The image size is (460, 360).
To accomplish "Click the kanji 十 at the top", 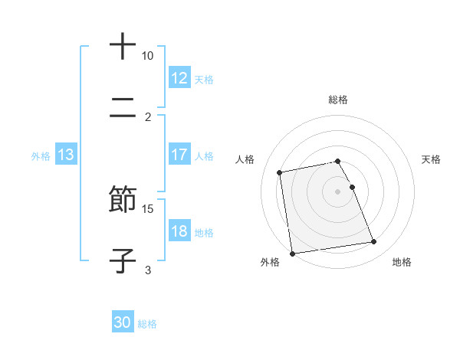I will (x=123, y=47).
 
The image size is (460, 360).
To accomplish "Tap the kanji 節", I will (x=123, y=199).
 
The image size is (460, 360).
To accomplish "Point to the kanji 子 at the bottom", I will (x=123, y=260).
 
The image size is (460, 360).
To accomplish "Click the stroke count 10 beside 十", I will (x=147, y=57).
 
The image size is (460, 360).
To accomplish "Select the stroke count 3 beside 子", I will (x=148, y=270).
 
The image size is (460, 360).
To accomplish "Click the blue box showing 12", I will (x=179, y=78).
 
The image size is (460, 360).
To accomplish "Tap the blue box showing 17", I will (x=179, y=155).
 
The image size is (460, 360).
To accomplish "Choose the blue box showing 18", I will (x=179, y=231).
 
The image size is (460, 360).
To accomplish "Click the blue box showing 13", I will (x=66, y=155).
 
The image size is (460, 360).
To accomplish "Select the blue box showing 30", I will (x=123, y=323).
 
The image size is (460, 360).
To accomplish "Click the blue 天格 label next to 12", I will (x=204, y=79).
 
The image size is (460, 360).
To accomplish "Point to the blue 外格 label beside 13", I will (x=41, y=155).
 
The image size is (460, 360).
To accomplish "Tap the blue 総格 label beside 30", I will (x=147, y=324).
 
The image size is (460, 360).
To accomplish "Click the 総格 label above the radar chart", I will (x=338, y=100).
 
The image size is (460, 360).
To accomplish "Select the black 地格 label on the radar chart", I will (x=402, y=262).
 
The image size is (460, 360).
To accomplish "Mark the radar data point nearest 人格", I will (x=280, y=172).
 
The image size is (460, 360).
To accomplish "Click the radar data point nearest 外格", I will (x=292, y=253).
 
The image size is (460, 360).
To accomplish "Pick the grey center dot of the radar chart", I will (x=338, y=191).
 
